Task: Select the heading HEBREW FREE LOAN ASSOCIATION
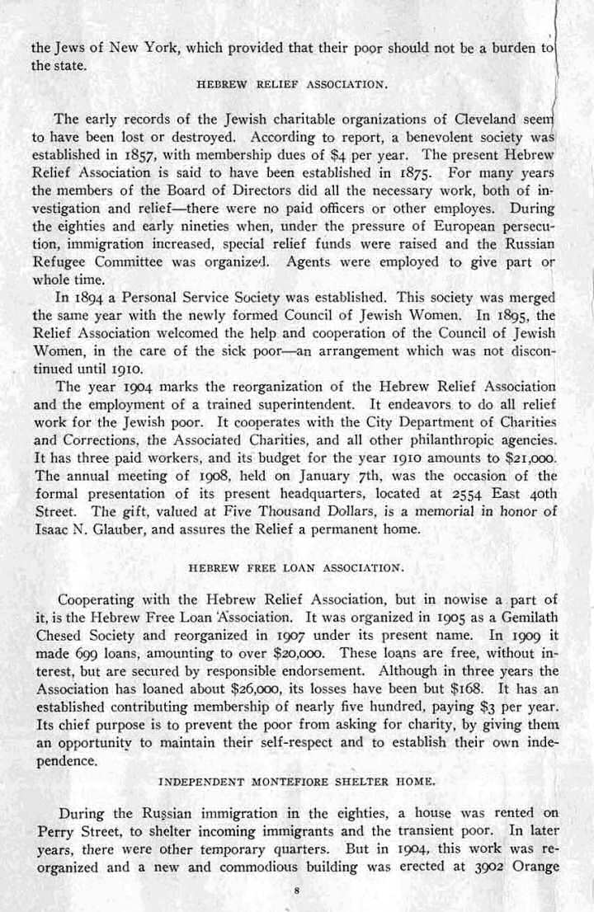click(x=297, y=568)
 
